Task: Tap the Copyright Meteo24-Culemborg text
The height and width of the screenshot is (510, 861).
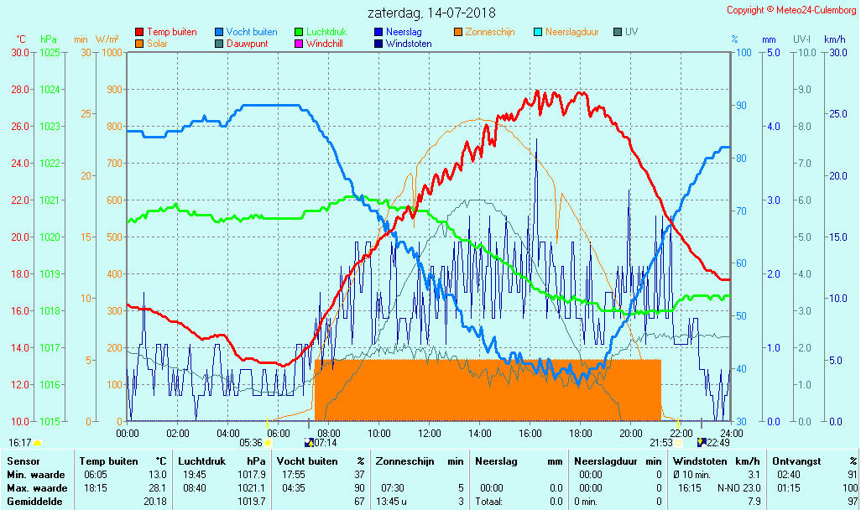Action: tap(791, 10)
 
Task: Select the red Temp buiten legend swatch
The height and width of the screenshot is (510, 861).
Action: tap(139, 32)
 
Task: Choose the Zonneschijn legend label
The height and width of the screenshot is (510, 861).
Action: tap(490, 32)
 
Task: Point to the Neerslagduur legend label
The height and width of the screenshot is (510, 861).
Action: tap(571, 32)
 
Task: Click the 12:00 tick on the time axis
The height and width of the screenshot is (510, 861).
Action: tap(429, 433)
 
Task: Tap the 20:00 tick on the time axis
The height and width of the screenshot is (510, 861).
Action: tap(630, 433)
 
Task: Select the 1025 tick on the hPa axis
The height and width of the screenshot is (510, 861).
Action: tap(50, 52)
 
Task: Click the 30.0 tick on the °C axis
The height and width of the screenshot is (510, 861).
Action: tap(20, 52)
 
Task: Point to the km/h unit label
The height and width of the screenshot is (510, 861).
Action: tap(834, 39)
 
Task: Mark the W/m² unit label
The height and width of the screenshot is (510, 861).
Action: tap(107, 39)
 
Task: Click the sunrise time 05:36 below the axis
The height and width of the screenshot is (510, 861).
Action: tap(251, 443)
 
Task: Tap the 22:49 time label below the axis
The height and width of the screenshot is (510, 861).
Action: tap(718, 443)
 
